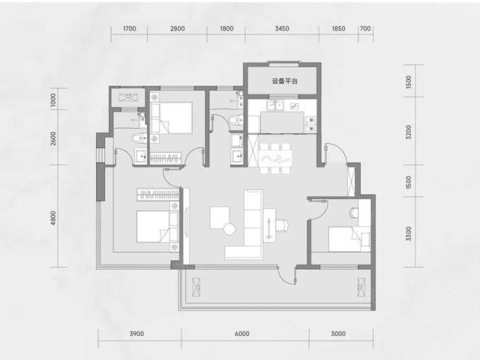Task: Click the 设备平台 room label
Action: coord(284,81)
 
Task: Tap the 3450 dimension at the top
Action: coord(282,29)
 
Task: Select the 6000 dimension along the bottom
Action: coord(242,333)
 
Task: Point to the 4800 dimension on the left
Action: coord(54,218)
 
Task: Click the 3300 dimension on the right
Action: coord(409,234)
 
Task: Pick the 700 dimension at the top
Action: coord(365,29)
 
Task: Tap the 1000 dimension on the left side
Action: coord(54,100)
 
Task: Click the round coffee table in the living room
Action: coord(229,229)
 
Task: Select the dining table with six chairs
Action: coord(275,158)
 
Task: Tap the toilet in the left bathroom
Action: coord(139,138)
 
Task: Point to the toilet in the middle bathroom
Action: coord(236,119)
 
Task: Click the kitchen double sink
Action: coord(275,104)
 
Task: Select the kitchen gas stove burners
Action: coord(311,124)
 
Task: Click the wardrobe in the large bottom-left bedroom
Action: coord(158,195)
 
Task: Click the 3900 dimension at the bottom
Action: coord(136,333)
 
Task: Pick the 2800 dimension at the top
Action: coord(177,29)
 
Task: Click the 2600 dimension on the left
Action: coord(54,138)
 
